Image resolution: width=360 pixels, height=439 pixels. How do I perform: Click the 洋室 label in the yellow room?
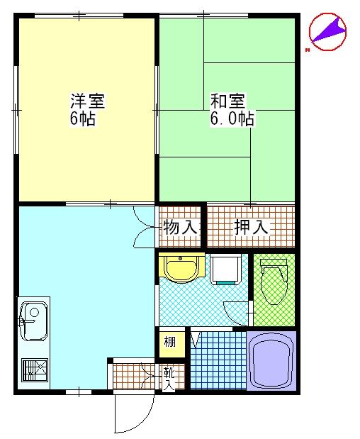86,101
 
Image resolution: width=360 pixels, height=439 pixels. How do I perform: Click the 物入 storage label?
180,228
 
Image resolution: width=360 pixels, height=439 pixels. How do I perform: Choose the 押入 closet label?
251,228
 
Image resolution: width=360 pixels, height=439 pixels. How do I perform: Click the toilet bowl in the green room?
274,287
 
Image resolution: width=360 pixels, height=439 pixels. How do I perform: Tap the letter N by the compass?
308,50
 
